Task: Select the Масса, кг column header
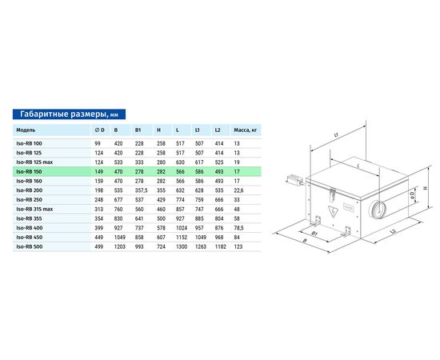(246, 130)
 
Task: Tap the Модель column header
(26, 130)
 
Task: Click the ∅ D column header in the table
(99, 130)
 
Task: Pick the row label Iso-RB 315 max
(34, 209)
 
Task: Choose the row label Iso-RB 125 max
(34, 162)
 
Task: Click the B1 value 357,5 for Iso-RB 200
(141, 190)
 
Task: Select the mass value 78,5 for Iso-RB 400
(238, 228)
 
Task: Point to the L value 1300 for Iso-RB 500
(182, 247)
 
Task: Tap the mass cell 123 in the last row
(238, 247)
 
